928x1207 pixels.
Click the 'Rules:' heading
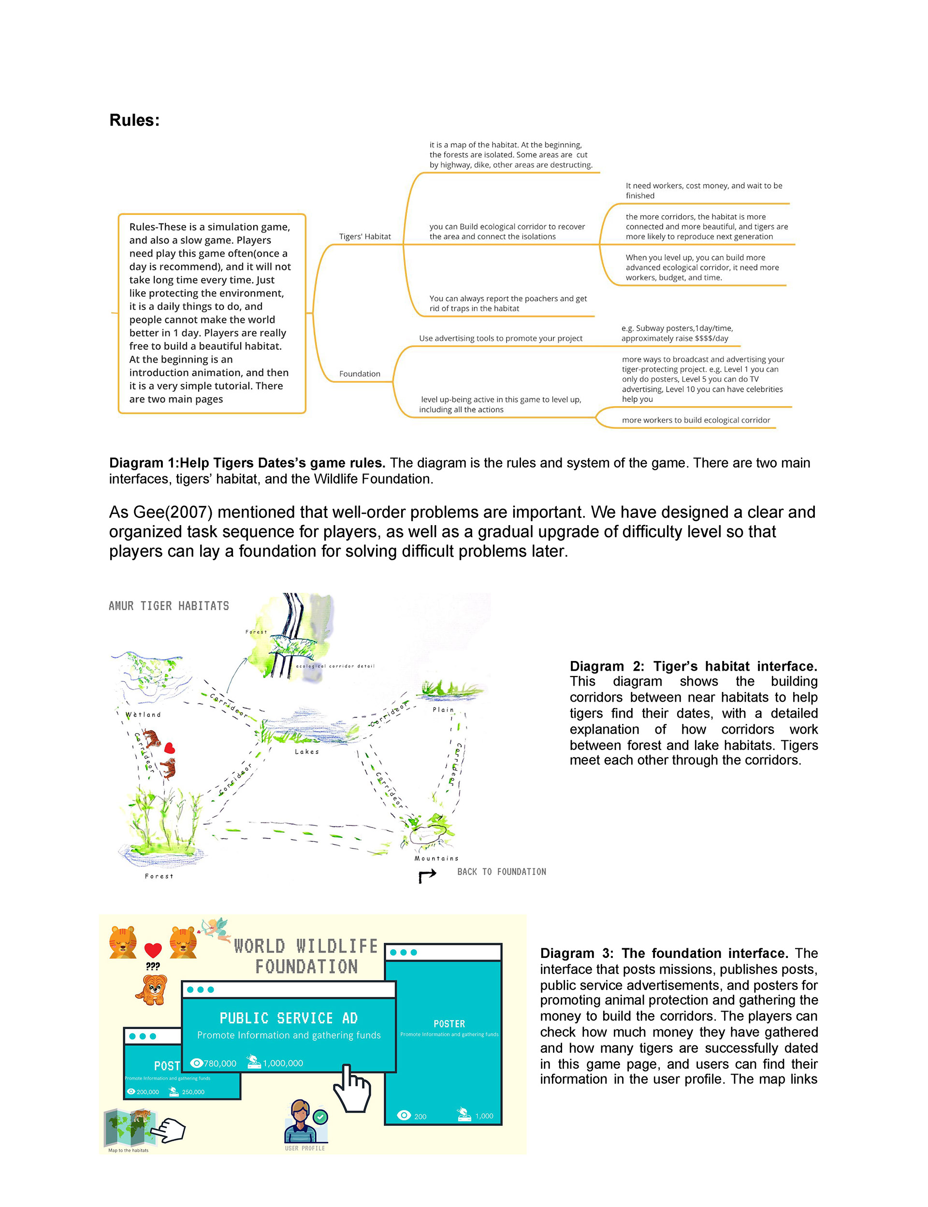134,120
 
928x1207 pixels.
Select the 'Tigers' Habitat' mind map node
364,236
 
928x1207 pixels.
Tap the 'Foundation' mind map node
360,374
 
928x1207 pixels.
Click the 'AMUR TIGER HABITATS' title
169,606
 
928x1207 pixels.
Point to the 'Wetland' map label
143,715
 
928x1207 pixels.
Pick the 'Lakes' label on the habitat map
306,751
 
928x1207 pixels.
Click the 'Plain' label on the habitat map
443,709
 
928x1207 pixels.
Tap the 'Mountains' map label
436,858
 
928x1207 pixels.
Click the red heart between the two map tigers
170,749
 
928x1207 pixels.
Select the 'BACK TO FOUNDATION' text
502,871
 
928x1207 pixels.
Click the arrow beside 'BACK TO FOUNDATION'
427,875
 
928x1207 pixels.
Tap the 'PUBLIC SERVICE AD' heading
289,1018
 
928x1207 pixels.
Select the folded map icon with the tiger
130,1127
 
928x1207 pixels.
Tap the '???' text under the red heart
152,966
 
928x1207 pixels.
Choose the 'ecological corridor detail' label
335,666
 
